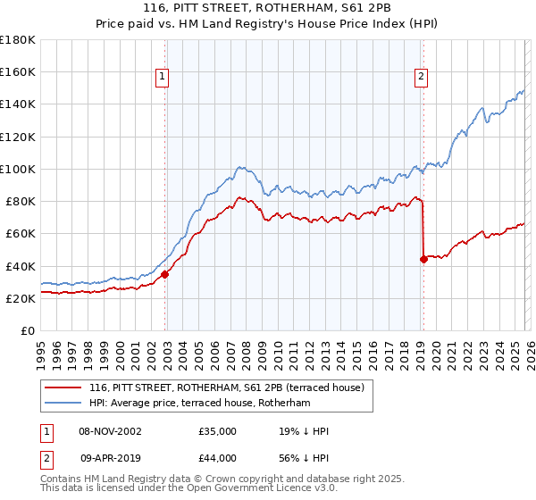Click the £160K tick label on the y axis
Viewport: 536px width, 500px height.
tap(18, 71)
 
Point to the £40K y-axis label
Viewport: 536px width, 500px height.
tap(21, 266)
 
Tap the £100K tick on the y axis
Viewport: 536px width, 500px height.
tap(18, 169)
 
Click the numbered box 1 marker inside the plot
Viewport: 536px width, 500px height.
tap(163, 78)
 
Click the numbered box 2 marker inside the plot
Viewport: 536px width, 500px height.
tap(420, 78)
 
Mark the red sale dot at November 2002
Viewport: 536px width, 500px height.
tap(165, 274)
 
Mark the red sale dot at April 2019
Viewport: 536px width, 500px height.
tap(423, 260)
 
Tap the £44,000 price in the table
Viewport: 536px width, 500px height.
tap(218, 458)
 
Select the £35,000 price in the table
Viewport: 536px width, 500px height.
tap(218, 432)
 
